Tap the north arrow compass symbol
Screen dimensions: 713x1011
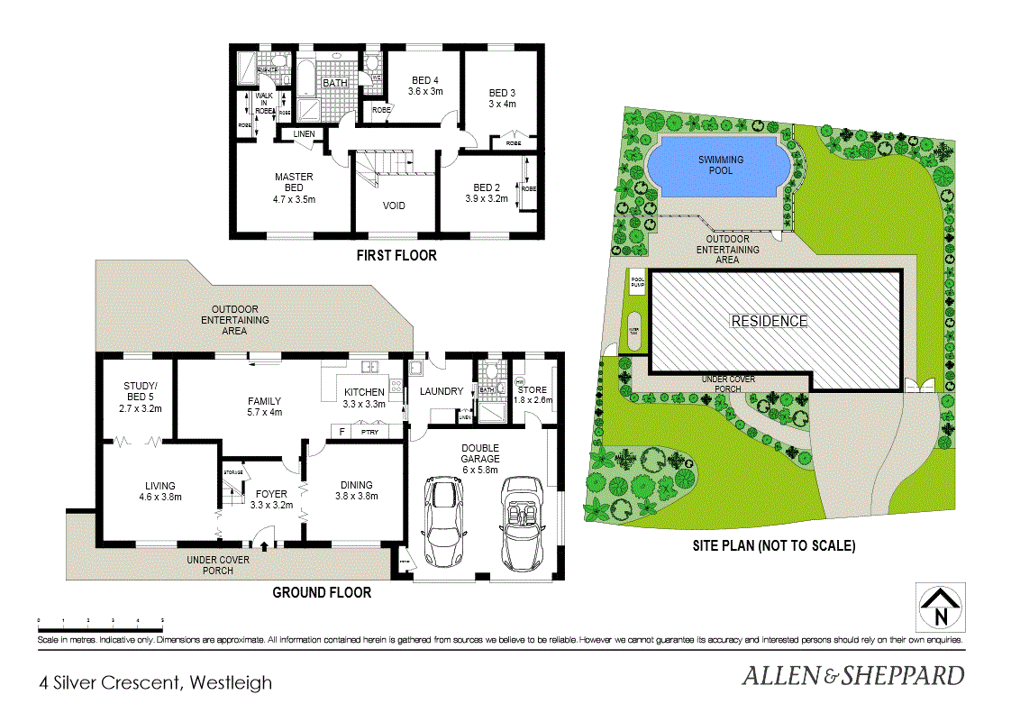click(x=940, y=608)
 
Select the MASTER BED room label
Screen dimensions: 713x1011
click(x=294, y=187)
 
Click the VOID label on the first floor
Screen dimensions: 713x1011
click(x=394, y=206)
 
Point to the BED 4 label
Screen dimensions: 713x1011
click(x=425, y=86)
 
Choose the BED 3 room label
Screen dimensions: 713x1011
click(x=502, y=97)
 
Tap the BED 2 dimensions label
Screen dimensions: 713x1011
click(x=487, y=198)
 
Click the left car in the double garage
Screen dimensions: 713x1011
click(x=443, y=521)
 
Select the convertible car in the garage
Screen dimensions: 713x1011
click(x=520, y=523)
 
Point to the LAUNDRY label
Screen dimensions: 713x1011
click(x=442, y=391)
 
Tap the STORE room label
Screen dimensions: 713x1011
click(x=532, y=394)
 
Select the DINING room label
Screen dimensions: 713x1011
click(x=356, y=489)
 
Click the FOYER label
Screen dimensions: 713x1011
click(x=271, y=499)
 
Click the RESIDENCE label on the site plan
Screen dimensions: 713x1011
click(x=769, y=321)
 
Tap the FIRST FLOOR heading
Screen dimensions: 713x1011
click(x=396, y=256)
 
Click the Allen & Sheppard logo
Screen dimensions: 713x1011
click(x=852, y=675)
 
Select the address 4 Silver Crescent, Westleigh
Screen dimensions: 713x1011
click(x=155, y=682)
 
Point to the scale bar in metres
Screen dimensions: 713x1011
click(x=100, y=622)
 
